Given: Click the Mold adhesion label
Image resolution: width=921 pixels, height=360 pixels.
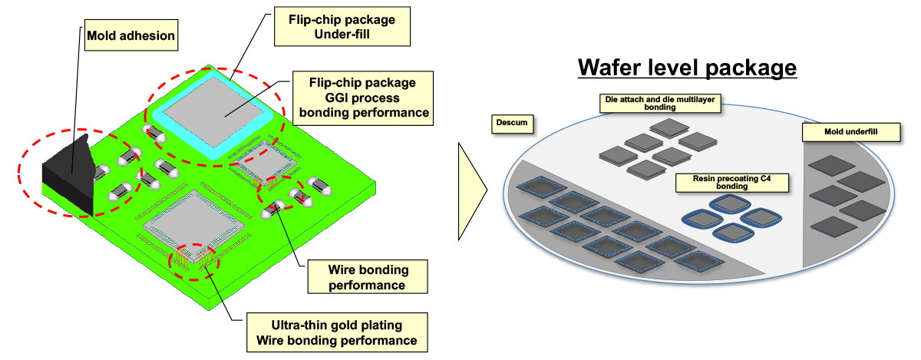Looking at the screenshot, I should coord(131,36).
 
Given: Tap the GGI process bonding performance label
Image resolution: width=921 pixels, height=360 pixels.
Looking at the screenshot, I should coord(361,97).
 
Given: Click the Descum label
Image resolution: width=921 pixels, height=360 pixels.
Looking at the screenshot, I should coord(511,123).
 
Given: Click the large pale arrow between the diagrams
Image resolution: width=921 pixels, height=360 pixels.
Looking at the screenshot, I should coord(472,186).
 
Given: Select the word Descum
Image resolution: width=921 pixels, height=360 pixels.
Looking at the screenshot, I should coord(511,123).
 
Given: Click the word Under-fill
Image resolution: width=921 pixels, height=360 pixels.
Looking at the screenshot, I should coord(342,35).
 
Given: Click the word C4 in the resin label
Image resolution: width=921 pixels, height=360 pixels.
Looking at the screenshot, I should coord(767,177).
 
